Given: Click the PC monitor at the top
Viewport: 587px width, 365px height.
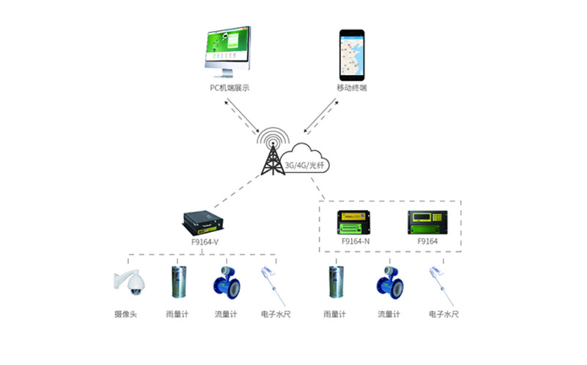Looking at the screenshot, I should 228,51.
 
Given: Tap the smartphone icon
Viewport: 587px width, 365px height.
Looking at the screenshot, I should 352,55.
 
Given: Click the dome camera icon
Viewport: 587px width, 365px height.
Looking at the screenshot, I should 125,282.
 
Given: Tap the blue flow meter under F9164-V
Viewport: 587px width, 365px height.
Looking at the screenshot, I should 225,282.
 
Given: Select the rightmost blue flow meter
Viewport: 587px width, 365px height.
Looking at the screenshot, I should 389,282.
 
